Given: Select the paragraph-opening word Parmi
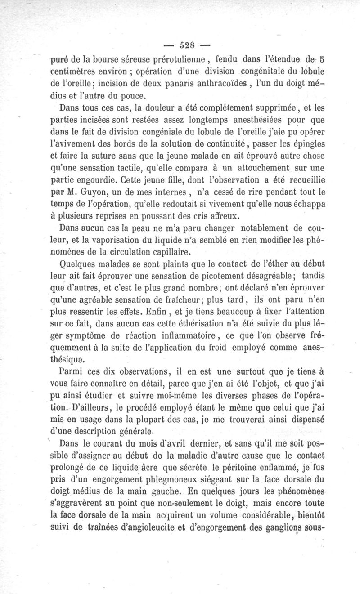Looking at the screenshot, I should (72, 372).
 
